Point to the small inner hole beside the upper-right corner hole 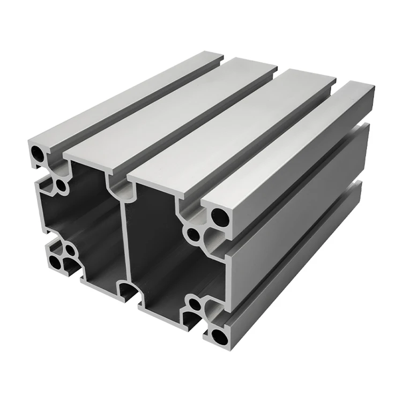click(x=192, y=235)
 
